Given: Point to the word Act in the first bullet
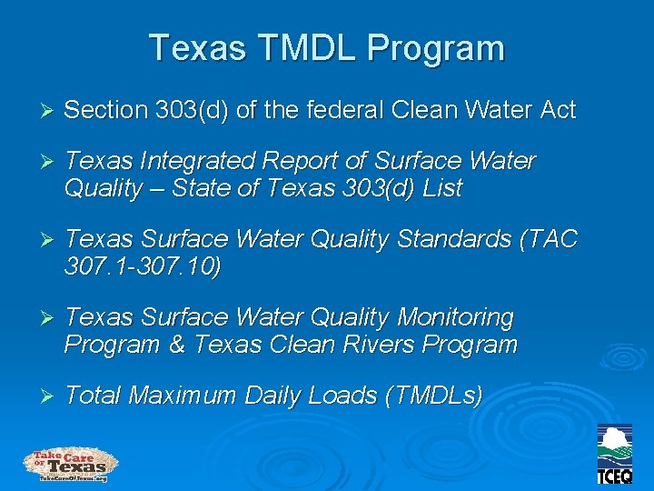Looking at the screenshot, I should (556, 111).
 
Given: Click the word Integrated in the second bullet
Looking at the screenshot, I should (204, 162).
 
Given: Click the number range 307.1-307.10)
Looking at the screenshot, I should (143, 266).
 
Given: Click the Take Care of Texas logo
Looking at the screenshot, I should (70, 464).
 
